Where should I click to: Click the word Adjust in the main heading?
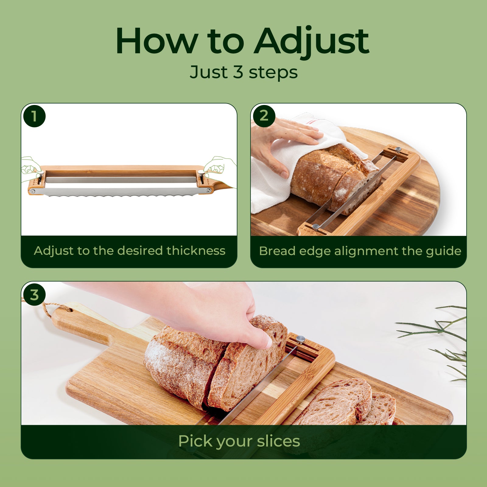click(312, 42)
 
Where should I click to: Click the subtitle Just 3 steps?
click(243, 72)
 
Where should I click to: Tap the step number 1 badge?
click(34, 116)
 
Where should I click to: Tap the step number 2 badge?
click(264, 116)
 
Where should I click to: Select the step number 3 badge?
click(34, 295)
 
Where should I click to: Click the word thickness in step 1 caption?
click(196, 251)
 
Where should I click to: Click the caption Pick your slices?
click(239, 441)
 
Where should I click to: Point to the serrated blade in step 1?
click(119, 191)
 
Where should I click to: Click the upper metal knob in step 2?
click(398, 149)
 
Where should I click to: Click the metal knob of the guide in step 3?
click(300, 339)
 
